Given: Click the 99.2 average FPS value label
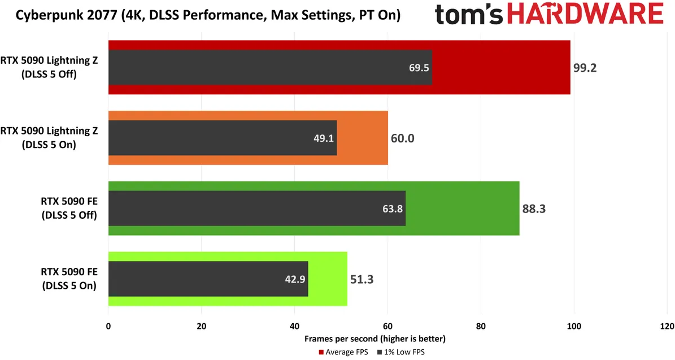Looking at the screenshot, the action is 585,68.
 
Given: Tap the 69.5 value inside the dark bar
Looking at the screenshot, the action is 419,68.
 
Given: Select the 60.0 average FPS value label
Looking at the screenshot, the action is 403,138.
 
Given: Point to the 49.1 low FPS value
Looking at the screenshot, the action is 324,138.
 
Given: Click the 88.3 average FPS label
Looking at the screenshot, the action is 534,209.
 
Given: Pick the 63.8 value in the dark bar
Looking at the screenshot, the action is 393,209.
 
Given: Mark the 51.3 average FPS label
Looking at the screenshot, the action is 362,280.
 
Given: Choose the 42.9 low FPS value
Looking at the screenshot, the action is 295,280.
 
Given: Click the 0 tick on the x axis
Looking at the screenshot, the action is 108,327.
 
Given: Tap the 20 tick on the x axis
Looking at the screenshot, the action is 202,327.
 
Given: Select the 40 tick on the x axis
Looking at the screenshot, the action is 294,327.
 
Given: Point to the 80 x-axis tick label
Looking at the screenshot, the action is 481,327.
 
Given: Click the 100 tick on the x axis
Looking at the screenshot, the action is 574,327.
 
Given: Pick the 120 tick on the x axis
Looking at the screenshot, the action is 667,327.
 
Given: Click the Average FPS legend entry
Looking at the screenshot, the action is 343,352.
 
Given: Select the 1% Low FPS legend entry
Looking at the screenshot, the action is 401,352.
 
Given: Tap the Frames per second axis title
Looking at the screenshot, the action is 375,339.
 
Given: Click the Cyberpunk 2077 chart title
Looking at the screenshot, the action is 208,15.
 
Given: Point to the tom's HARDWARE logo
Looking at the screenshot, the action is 549,14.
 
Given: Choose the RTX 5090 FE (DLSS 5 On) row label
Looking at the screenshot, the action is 69,279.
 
